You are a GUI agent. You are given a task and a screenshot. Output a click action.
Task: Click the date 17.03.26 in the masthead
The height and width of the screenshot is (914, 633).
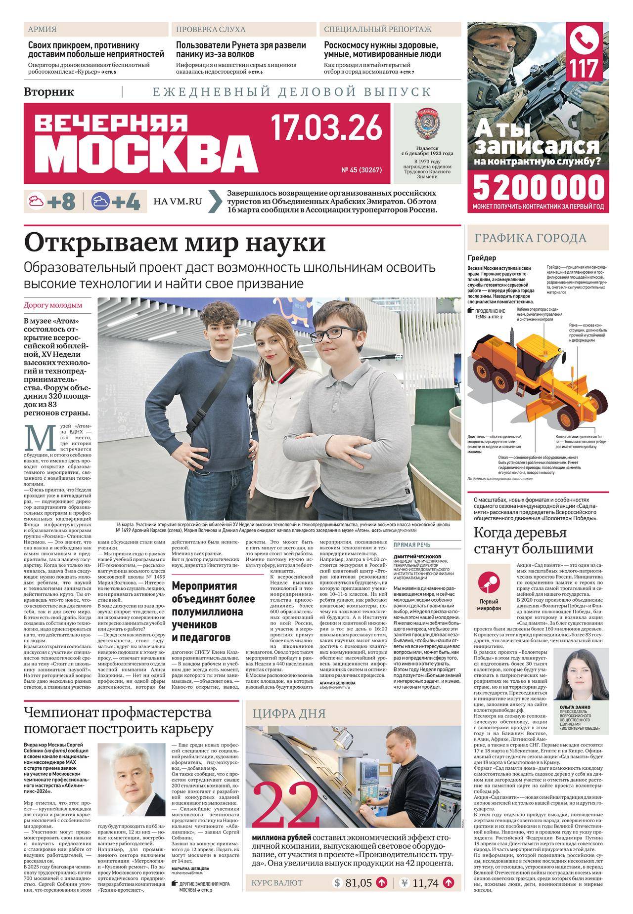pyautogui.click(x=327, y=128)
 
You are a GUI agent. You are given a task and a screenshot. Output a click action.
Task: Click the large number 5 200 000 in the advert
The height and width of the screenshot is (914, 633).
pyautogui.click(x=539, y=187)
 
